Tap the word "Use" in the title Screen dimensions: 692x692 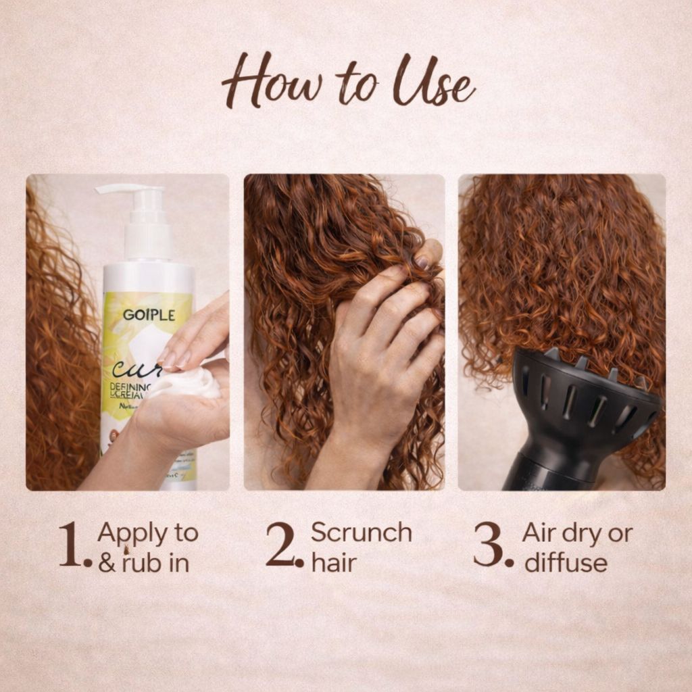point(433,84)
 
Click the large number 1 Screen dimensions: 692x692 point(73,545)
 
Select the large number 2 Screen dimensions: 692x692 point(282,545)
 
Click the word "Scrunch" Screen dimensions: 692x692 point(361,533)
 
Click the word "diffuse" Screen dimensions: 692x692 point(566,563)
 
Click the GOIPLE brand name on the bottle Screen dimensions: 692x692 point(149,315)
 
